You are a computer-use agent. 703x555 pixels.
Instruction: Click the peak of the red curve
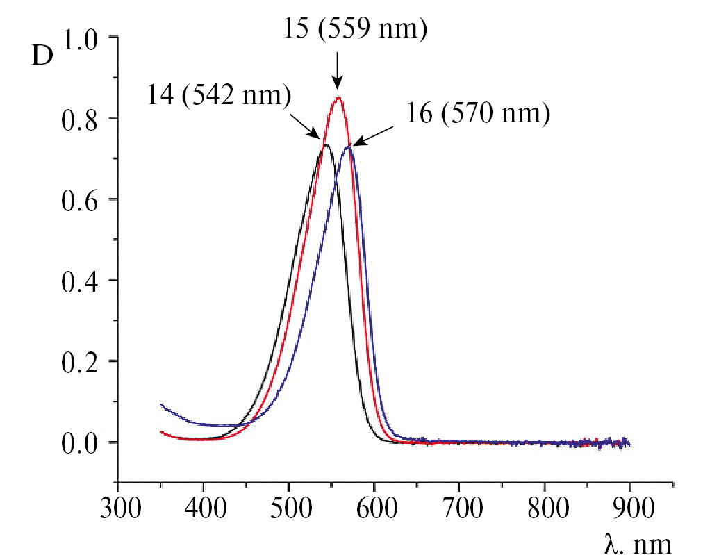pos(338,98)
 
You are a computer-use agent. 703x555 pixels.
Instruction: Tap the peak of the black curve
pos(324,144)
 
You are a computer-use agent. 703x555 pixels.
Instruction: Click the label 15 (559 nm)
pos(356,30)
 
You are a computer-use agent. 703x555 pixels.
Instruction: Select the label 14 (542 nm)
pos(218,94)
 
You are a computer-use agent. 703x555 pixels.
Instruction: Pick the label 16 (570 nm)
pos(478,113)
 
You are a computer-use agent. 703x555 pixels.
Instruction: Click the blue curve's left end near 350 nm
pos(161,404)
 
